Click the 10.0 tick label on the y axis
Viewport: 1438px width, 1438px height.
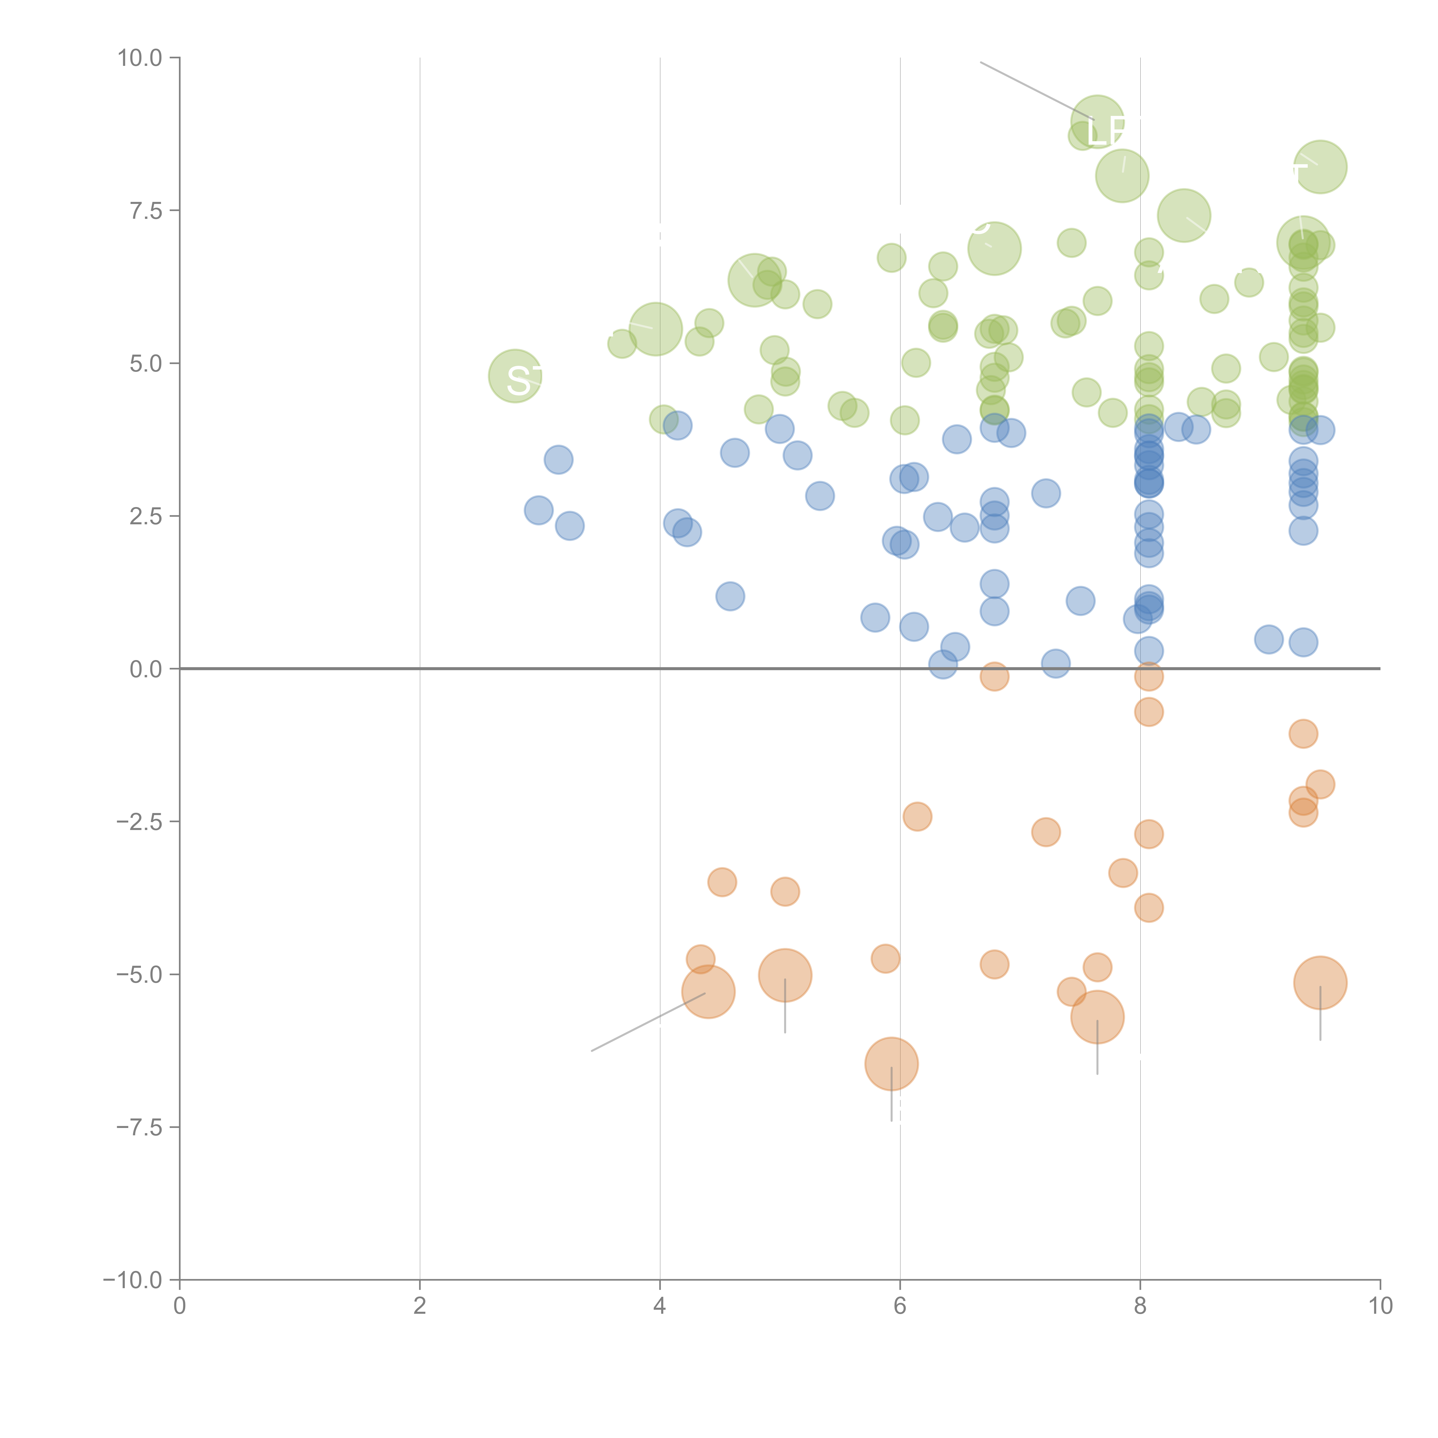click(x=140, y=58)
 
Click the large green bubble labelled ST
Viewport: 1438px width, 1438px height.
click(x=515, y=376)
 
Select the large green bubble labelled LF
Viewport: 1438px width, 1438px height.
click(x=1097, y=122)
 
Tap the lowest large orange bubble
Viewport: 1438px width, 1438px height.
click(x=891, y=1064)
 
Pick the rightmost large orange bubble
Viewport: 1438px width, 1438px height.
click(x=1320, y=982)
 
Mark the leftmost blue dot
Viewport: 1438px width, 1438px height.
click(x=538, y=510)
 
